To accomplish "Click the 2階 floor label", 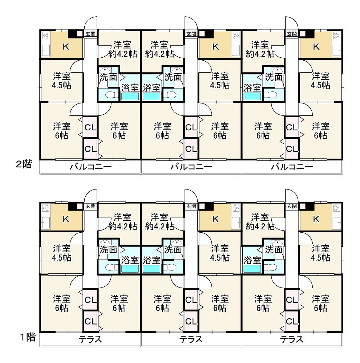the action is [x=24, y=164].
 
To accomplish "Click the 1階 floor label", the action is [x=28, y=337].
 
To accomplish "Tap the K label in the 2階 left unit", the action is [x=66, y=47].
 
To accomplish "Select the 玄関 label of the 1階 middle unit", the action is [x=191, y=206].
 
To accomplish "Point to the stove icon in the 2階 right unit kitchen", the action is [x=337, y=36].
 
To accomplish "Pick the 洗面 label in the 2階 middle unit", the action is [x=173, y=77].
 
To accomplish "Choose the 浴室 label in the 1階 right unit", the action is [x=252, y=260].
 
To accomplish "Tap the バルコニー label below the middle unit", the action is [x=191, y=167].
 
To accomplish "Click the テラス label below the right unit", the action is [x=292, y=339].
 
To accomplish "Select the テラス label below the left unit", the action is [x=90, y=339].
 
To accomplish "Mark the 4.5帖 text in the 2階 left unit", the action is [x=61, y=85].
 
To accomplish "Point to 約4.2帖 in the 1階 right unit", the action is [x=260, y=226].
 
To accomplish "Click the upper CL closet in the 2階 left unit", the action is [x=90, y=127].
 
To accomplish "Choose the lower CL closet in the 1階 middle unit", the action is [x=191, y=321].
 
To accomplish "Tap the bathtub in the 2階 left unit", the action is [x=130, y=96].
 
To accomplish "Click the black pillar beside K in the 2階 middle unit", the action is [x=209, y=34].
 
